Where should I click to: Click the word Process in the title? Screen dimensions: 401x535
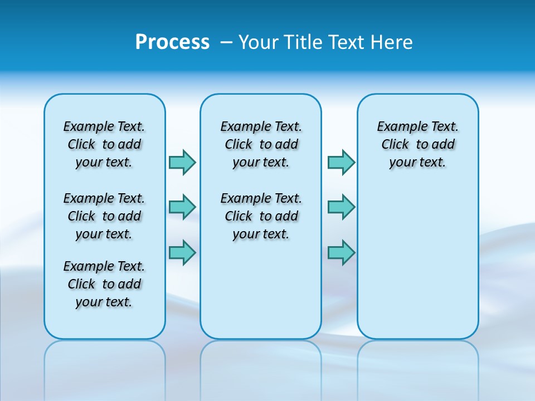pyautogui.click(x=172, y=42)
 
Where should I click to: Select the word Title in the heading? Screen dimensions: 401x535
pyautogui.click(x=304, y=42)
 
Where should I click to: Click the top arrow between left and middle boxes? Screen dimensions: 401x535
pyautogui.click(x=182, y=162)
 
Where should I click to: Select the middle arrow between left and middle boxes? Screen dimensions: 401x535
pyautogui.click(x=182, y=207)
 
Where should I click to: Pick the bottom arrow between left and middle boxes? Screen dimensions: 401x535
pyautogui.click(x=182, y=252)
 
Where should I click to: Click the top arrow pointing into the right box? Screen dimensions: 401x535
pyautogui.click(x=341, y=162)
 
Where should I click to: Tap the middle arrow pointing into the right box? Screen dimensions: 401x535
pyautogui.click(x=341, y=207)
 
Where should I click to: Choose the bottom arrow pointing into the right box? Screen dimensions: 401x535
pyautogui.click(x=341, y=252)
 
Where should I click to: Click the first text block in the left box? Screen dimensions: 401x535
pyautogui.click(x=104, y=144)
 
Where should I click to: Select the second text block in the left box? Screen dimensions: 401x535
pyautogui.click(x=104, y=216)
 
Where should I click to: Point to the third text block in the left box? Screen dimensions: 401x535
pyautogui.click(x=104, y=284)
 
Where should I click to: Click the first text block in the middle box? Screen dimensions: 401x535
pyautogui.click(x=261, y=144)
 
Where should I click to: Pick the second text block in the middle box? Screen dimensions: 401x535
pyautogui.click(x=261, y=216)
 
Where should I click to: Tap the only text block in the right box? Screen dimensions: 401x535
pyautogui.click(x=417, y=144)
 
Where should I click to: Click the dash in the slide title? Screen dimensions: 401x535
pyautogui.click(x=226, y=42)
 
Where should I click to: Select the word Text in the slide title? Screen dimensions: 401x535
pyautogui.click(x=345, y=42)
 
